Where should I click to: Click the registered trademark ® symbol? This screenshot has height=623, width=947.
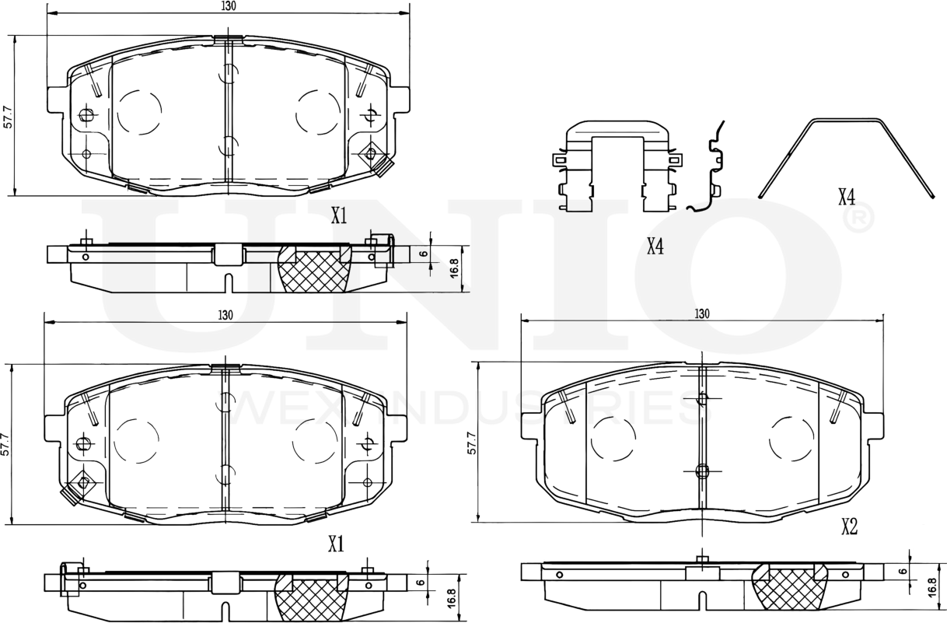pos(855,221)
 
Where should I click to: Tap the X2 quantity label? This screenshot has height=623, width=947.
pos(849,527)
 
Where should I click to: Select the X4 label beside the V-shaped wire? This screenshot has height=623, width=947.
pos(847,197)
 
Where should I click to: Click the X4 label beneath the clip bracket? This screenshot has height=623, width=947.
pos(655,247)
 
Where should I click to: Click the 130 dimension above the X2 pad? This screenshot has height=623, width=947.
pos(701,313)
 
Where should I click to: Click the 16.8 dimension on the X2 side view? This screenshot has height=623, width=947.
pos(931,586)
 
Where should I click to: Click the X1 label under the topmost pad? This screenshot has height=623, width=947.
pos(338,216)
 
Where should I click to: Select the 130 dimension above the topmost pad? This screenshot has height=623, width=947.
pos(227,5)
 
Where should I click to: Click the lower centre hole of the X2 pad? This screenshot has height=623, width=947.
pos(701,471)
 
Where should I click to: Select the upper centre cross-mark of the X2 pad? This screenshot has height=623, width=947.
pos(702,399)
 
